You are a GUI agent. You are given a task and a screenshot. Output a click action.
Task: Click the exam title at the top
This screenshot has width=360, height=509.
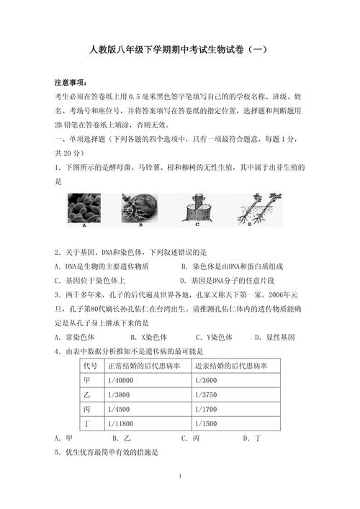tap(180, 50)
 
